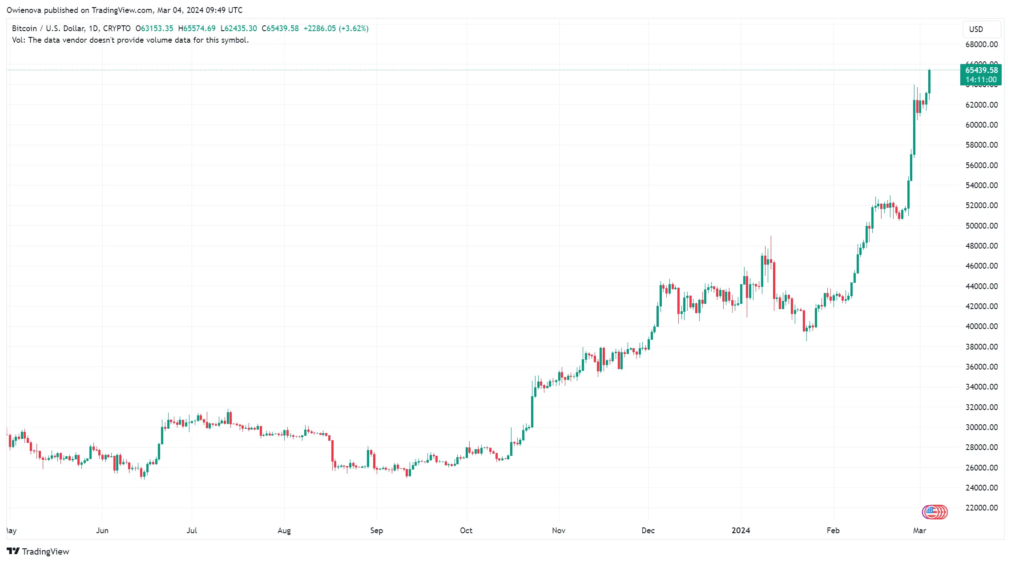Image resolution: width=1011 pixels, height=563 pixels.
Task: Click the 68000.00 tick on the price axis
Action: coord(981,44)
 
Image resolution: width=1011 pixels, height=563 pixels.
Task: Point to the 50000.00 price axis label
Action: coord(981,226)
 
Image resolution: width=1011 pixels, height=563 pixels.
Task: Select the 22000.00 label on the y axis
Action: coord(981,508)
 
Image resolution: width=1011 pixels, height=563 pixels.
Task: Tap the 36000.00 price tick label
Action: coord(981,367)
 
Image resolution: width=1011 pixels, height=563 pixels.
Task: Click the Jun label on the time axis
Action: coord(102,531)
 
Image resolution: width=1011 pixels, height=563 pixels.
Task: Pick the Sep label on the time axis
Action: coord(376,531)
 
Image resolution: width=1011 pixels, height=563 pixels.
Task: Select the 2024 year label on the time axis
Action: coord(741,531)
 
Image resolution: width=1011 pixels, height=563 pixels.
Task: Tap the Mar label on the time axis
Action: coord(919,531)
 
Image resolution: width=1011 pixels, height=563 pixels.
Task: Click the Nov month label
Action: coord(559,531)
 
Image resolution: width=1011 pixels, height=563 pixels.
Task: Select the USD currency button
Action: coord(976,29)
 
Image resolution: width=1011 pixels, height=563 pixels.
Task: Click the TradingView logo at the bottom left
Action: coord(38,551)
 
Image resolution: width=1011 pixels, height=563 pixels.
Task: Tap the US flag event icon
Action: coord(932,512)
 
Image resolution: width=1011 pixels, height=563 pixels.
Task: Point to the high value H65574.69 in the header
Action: coord(197,28)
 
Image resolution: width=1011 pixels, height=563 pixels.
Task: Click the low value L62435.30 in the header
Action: coord(238,28)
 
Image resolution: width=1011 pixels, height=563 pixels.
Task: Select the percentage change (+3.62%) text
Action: coord(354,28)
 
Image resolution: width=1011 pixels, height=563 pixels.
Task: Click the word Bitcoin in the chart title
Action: coord(24,28)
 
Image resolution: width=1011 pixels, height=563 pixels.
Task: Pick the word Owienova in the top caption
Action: coord(24,10)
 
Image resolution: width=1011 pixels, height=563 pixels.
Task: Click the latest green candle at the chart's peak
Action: coord(929,82)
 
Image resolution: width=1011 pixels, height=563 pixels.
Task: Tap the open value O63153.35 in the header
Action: coord(154,28)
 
